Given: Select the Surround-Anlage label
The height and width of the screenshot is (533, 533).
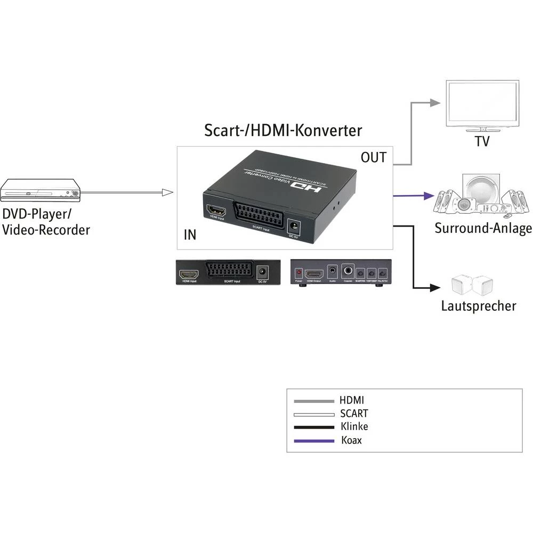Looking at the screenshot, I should pos(483,229).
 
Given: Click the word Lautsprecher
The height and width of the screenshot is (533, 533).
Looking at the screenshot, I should pos(478,306).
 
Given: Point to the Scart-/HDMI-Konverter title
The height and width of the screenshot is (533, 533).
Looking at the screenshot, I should pos(283,131).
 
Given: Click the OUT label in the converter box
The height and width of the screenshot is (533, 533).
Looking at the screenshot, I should pos(374,157).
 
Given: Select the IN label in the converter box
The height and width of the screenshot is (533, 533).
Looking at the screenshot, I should pos(189,235).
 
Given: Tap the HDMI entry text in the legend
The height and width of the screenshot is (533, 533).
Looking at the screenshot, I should pos(352,400).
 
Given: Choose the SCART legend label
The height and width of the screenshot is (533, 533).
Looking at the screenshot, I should pos(353,413).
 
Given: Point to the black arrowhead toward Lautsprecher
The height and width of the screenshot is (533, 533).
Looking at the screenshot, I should pos(437,289).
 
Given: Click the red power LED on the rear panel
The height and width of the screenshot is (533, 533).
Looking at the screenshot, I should pos(298,272).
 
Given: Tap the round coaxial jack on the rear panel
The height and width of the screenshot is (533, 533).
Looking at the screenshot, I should pos(349,271).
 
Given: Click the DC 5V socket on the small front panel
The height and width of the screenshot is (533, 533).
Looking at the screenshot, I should pos(262,272).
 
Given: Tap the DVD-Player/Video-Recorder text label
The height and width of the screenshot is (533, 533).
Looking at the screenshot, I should pos(46,222).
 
